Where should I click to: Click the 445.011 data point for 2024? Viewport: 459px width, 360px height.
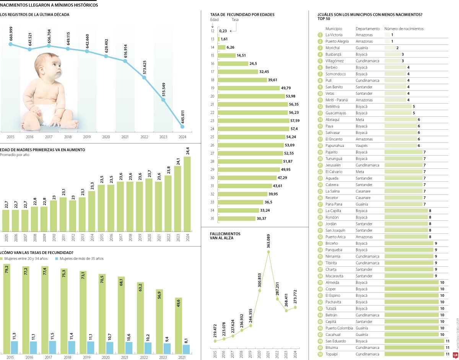(182, 127)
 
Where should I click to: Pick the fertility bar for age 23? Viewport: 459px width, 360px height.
(253, 121)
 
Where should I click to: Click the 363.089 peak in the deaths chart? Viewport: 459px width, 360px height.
(269, 251)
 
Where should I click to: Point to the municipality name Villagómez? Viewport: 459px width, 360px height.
(335, 61)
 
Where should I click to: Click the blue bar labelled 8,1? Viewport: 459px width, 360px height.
(186, 349)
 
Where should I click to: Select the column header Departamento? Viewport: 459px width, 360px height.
(368, 29)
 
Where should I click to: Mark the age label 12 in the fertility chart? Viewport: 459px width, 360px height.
(212, 31)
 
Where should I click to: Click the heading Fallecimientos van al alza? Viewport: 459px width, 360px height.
(225, 235)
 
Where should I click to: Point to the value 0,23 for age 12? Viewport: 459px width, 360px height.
(226, 31)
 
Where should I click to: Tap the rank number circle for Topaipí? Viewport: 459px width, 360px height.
(320, 354)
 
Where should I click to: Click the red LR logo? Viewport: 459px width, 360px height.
(455, 354)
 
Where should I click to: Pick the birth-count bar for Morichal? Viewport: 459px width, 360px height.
(390, 48)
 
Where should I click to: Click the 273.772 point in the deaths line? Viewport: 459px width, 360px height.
(295, 307)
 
